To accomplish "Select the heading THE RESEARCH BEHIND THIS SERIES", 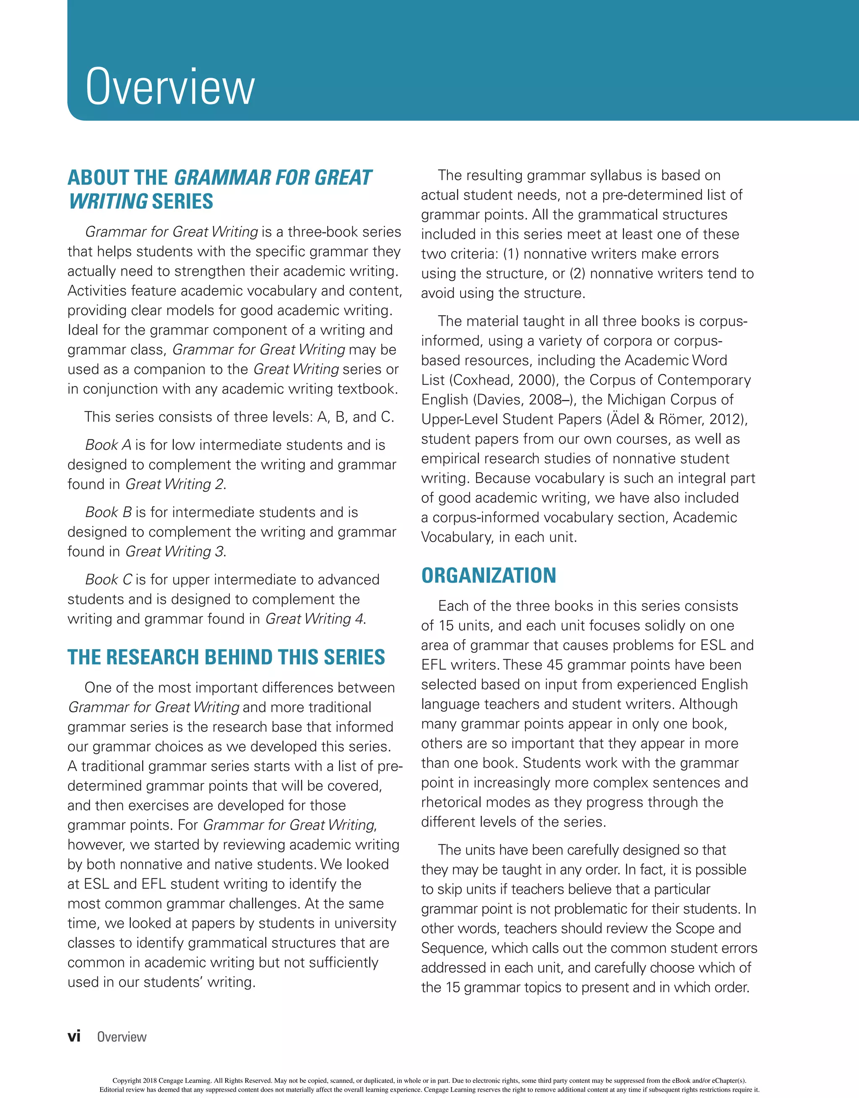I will pos(226,657).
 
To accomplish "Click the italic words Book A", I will pos(108,445).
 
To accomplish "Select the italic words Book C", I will pos(108,580).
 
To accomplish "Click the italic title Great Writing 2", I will pos(174,484).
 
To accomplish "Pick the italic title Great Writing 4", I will pos(314,619).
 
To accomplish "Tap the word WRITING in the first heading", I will pos(108,201).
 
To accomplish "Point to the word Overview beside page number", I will pos(122,1037).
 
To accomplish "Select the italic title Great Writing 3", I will pos(174,552).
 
